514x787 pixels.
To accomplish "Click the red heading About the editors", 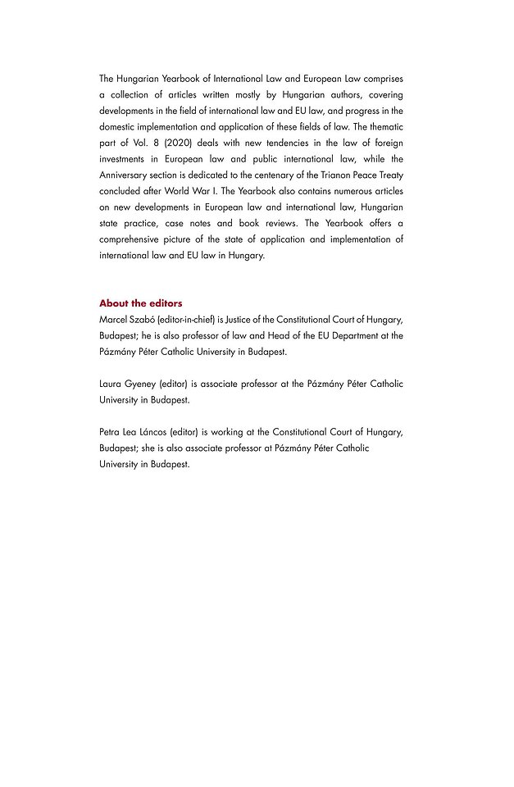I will click(x=140, y=303).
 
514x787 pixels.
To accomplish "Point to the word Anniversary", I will click(x=125, y=175).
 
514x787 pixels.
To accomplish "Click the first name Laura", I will click(x=110, y=384).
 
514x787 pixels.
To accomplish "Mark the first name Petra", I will click(x=110, y=432).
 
